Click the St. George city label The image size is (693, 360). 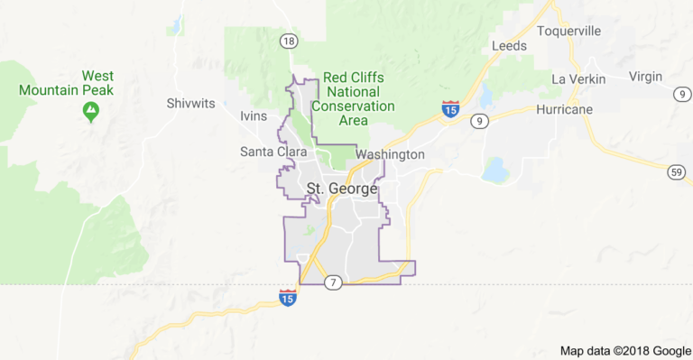tap(342, 189)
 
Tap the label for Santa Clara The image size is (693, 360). tap(273, 152)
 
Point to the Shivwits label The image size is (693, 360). tap(190, 103)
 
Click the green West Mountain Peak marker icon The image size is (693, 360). tap(90, 111)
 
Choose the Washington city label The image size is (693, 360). tap(390, 154)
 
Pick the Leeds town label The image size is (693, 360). tap(508, 46)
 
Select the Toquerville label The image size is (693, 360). tap(568, 31)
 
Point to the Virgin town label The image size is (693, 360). tap(645, 76)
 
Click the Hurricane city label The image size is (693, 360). tap(564, 108)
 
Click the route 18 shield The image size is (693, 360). tap(288, 41)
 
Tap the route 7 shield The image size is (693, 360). tap(334, 283)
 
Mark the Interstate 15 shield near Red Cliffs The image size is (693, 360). tap(450, 109)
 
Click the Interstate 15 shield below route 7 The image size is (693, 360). tap(287, 297)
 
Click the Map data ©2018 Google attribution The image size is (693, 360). tap(624, 351)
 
